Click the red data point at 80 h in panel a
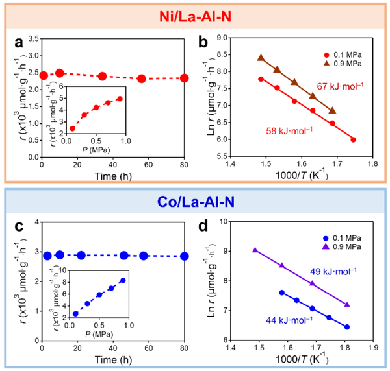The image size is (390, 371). [x=185, y=78]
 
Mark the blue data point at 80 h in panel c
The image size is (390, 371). [x=185, y=256]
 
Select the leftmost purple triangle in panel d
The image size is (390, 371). [x=255, y=250]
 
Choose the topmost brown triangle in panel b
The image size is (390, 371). [x=261, y=57]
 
